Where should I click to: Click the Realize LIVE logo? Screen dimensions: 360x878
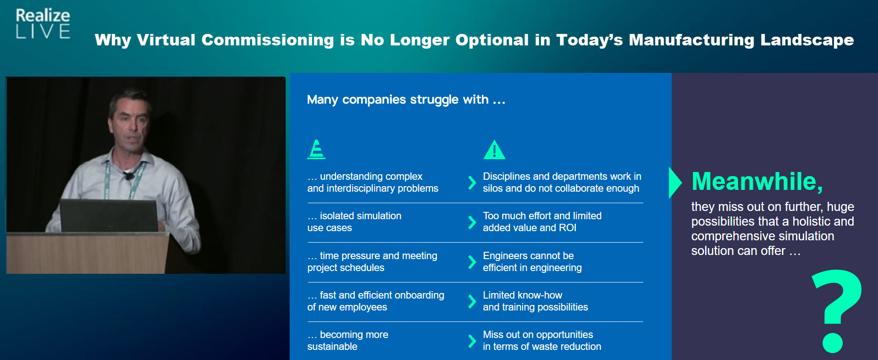tap(43, 23)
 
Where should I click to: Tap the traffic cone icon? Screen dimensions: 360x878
tap(316, 150)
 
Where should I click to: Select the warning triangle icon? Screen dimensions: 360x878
tap(494, 150)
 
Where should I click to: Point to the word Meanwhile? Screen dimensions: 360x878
tap(757, 181)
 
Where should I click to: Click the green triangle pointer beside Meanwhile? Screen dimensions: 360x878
tap(674, 183)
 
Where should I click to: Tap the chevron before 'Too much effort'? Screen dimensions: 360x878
tap(472, 222)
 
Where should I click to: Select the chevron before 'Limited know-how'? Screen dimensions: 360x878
tap(472, 301)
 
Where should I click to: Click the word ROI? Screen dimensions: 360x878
tap(567, 228)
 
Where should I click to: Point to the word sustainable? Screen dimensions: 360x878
tap(332, 347)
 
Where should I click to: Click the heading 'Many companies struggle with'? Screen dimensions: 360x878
tap(406, 100)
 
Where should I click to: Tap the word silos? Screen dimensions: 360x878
tap(492, 188)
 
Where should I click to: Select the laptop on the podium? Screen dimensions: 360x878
tap(108, 215)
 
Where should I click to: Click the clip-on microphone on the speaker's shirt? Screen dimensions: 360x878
tap(130, 176)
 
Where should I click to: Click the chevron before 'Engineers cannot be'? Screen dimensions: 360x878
tap(472, 262)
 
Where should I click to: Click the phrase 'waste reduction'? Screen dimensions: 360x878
tap(568, 347)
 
